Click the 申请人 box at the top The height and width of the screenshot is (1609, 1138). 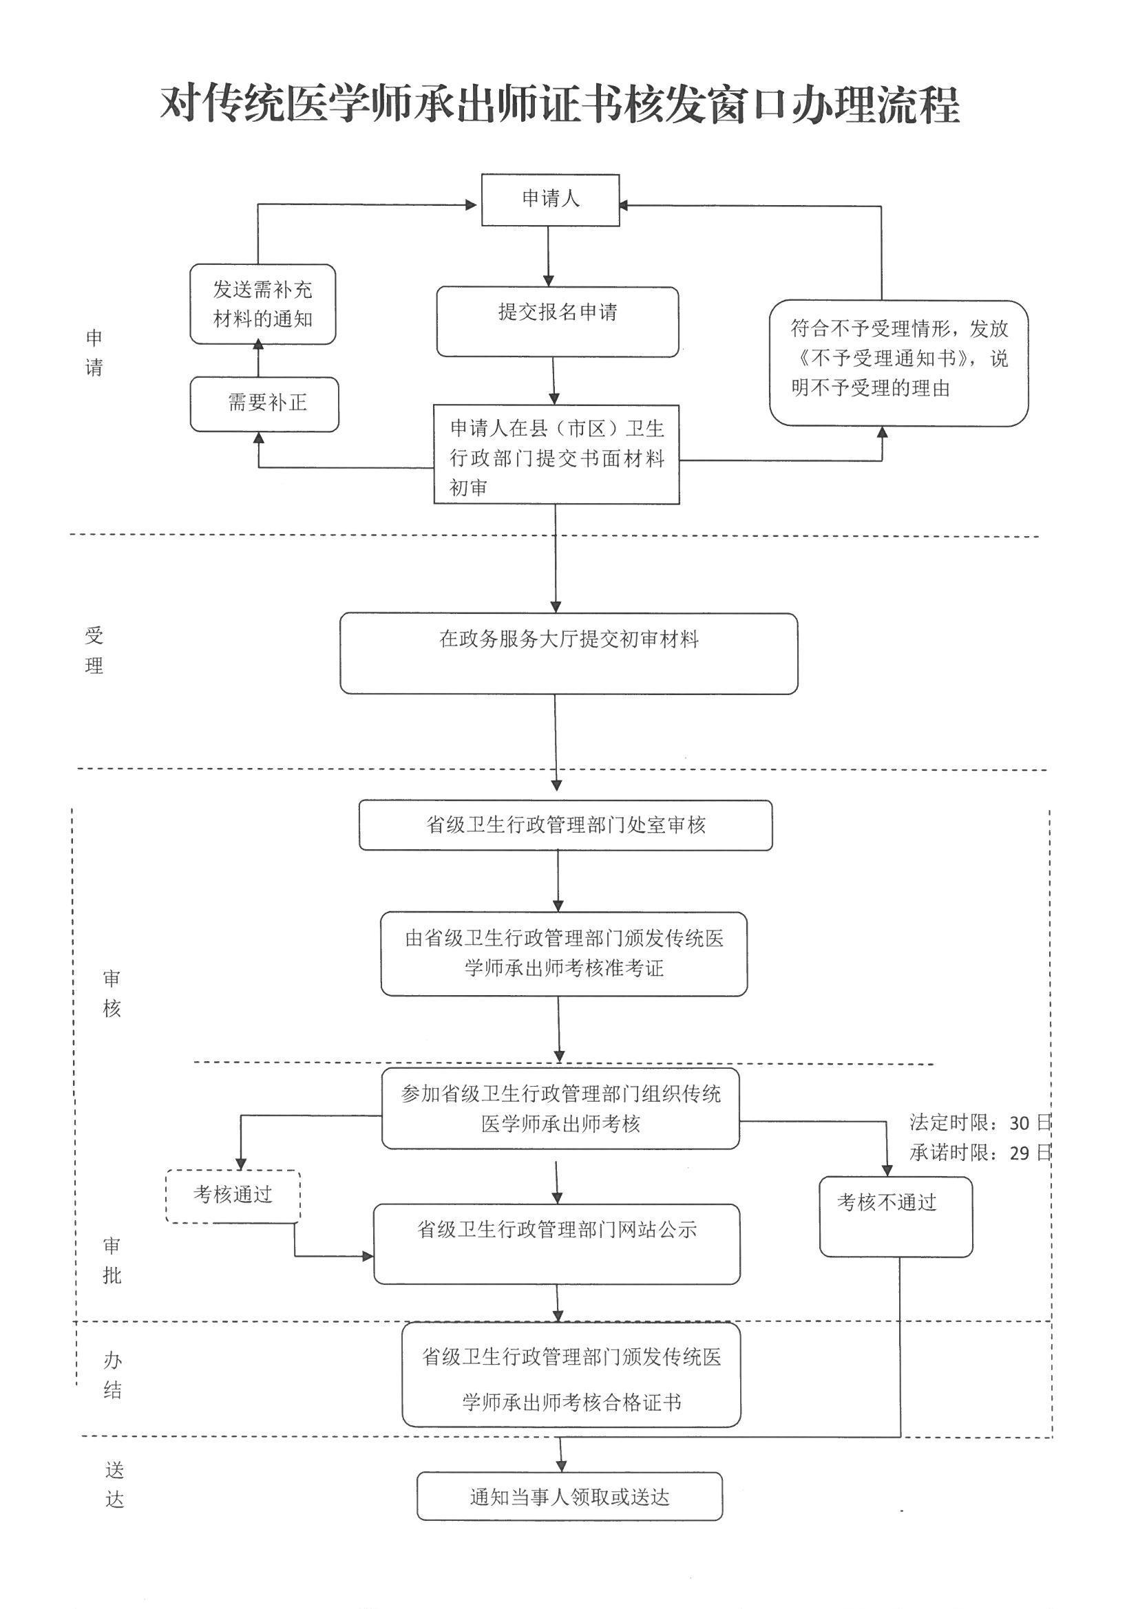(x=551, y=200)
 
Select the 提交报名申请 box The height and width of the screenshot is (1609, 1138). (x=558, y=321)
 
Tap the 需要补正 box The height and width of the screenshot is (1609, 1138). (x=264, y=404)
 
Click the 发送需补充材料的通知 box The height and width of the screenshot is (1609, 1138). (x=263, y=304)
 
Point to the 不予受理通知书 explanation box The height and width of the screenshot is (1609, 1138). (x=898, y=362)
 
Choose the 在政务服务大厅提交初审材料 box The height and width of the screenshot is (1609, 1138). (x=569, y=653)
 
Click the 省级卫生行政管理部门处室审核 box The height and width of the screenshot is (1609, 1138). (x=565, y=825)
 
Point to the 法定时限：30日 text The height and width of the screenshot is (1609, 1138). (x=980, y=1122)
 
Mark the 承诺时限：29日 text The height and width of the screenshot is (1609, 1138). (x=980, y=1153)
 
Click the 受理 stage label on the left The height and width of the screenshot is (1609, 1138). (x=94, y=650)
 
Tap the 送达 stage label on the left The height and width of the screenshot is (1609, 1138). (x=114, y=1485)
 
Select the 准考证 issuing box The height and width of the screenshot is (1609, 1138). (x=564, y=953)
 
